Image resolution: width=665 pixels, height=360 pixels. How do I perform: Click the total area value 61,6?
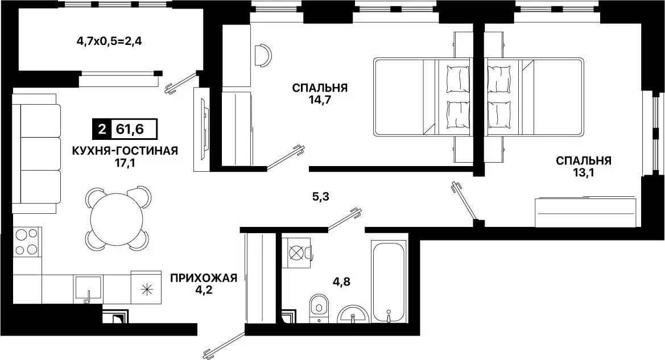point(130,129)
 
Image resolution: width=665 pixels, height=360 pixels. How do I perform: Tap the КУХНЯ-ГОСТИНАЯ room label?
point(125,151)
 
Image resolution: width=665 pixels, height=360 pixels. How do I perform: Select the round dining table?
point(118,218)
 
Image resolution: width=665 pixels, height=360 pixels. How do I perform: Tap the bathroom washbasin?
point(353,315)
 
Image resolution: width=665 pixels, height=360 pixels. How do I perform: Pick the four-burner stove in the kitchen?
point(27,242)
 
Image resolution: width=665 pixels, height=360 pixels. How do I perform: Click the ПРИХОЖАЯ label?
point(204,278)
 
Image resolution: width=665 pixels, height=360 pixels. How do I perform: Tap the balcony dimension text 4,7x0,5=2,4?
point(109,42)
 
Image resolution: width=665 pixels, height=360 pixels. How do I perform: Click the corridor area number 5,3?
point(320,197)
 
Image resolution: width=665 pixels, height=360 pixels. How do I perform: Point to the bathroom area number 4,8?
point(341,282)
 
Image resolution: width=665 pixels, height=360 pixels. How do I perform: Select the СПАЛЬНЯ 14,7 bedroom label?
point(320,94)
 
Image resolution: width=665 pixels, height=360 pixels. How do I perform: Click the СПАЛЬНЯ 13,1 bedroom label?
point(584,166)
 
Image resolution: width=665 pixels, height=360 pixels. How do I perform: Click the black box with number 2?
point(102,129)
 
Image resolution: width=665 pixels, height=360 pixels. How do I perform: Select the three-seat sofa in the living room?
point(36,154)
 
